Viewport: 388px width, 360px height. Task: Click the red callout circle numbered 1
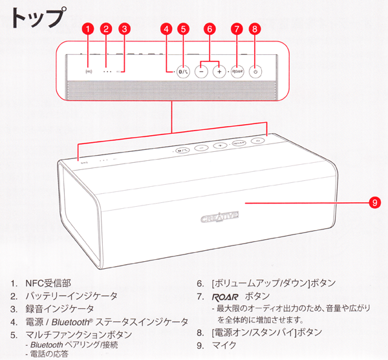(89, 28)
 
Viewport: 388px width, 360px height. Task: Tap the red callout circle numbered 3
(125, 28)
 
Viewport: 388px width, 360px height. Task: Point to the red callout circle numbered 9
(374, 202)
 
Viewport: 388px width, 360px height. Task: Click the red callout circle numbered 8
(255, 28)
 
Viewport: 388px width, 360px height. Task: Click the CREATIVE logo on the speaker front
(220, 214)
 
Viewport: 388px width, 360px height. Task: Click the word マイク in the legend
(224, 346)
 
